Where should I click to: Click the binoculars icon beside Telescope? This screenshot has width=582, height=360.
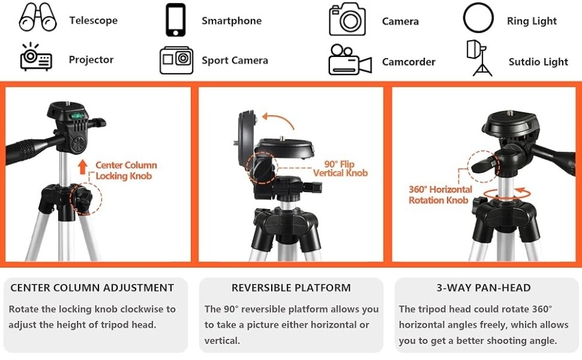(x=38, y=19)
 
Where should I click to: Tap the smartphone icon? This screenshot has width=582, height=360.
(x=175, y=20)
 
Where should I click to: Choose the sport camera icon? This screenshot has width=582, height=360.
(x=176, y=60)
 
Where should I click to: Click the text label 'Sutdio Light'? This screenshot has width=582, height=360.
(x=538, y=62)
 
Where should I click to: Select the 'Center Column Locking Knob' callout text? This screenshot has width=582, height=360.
(x=126, y=170)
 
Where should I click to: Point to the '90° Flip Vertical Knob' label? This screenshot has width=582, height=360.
(x=340, y=169)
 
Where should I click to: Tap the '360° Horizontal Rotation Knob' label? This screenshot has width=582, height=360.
(x=440, y=195)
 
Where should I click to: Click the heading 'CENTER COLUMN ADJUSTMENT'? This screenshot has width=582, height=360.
(x=92, y=287)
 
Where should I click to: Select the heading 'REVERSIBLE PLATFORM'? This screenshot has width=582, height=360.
(x=291, y=287)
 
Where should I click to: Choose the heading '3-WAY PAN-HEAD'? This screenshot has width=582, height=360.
(x=483, y=287)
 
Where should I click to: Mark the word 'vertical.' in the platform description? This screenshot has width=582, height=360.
(x=222, y=340)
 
